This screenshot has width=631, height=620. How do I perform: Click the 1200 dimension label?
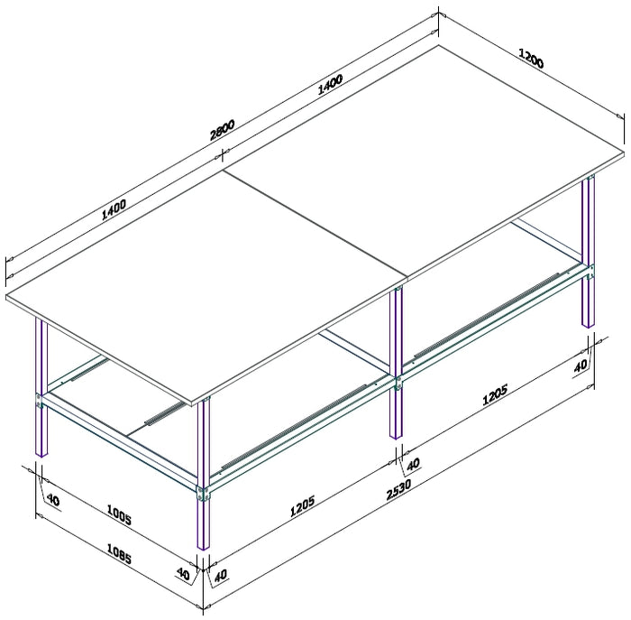(x=531, y=59)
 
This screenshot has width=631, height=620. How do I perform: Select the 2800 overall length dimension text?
(x=222, y=130)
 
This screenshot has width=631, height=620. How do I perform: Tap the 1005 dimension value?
(x=119, y=514)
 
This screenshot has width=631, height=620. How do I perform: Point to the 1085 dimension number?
(x=119, y=553)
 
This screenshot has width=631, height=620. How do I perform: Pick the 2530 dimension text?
(x=398, y=489)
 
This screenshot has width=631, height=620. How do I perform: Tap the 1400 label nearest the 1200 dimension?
(x=330, y=84)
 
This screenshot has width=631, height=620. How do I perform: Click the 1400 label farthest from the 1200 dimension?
(x=114, y=209)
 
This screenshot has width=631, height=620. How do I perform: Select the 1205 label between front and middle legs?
(x=303, y=506)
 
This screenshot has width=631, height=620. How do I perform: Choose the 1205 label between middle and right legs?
(x=495, y=394)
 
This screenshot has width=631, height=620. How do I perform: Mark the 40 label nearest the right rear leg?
(x=580, y=366)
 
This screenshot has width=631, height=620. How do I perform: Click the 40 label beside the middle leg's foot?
(x=413, y=464)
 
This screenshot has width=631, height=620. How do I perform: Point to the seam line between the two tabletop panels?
(x=315, y=224)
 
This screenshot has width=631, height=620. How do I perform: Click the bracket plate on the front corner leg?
(x=203, y=494)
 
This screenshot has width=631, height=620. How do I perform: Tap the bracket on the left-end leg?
(x=39, y=402)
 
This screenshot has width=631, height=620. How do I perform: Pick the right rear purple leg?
(x=588, y=252)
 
